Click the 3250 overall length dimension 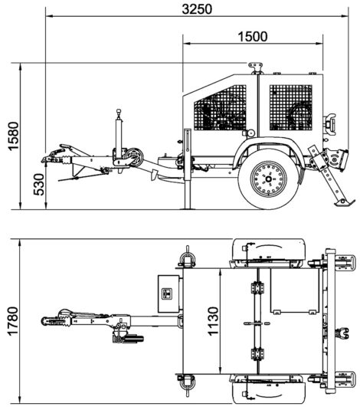tap(197, 9)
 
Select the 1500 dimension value tap(253, 37)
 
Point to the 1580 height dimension tap(14, 136)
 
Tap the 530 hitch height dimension tap(39, 185)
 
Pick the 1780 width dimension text tap(12, 321)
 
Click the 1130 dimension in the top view tap(213, 321)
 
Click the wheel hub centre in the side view tap(269, 179)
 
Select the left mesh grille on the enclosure tap(220, 108)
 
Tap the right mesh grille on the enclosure tap(291, 108)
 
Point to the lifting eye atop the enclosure tap(255, 67)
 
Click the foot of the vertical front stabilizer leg tap(188, 208)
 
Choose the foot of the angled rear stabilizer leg tap(344, 202)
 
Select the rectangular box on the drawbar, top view tap(169, 294)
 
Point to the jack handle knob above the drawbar tap(119, 112)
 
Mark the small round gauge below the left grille tap(251, 133)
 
